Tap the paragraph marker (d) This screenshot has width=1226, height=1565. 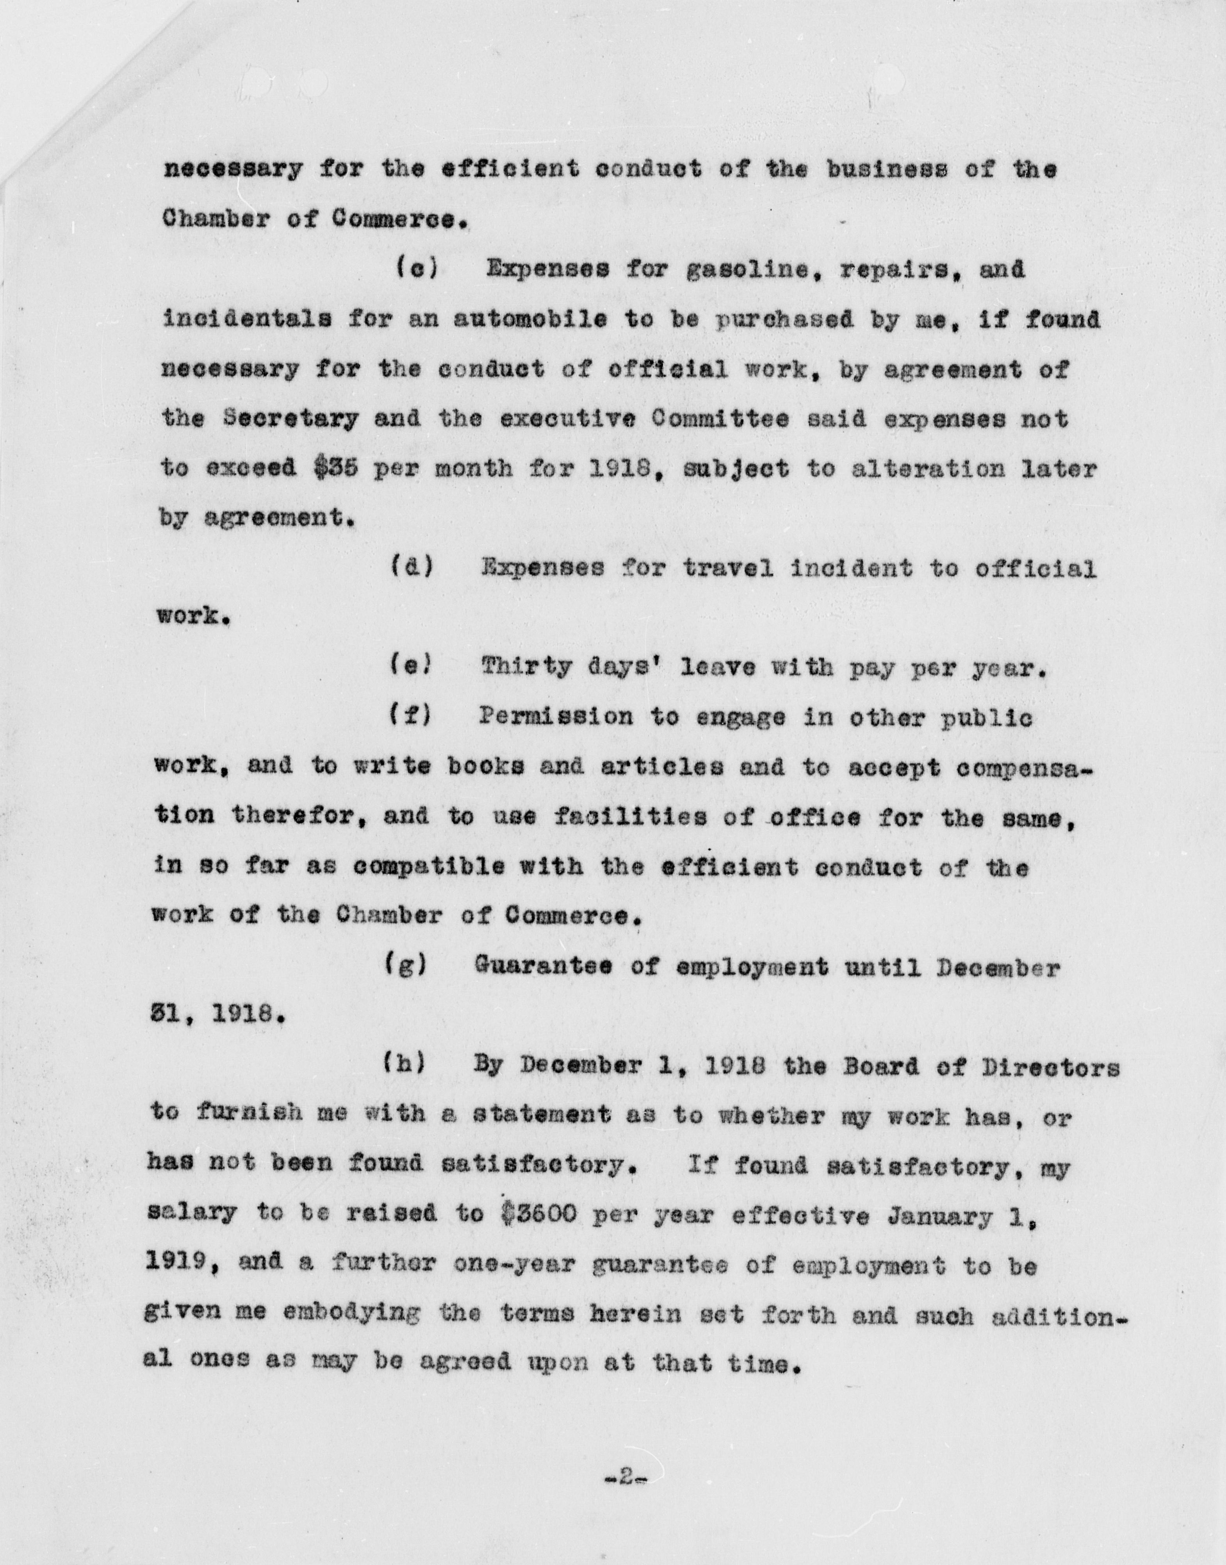point(412,569)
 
